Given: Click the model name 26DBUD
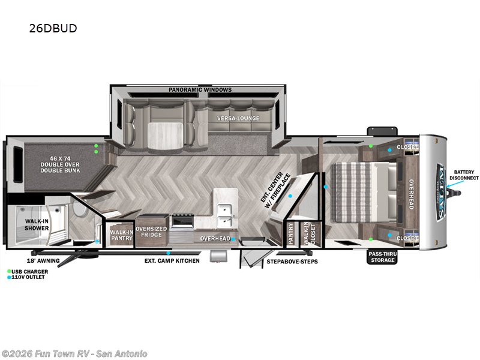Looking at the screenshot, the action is click(x=53, y=28).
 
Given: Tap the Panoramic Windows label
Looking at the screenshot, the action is click(x=200, y=89).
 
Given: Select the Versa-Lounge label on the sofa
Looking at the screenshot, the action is click(x=238, y=118).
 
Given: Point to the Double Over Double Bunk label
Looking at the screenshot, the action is click(x=60, y=164).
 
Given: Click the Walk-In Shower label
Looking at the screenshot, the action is click(x=37, y=224).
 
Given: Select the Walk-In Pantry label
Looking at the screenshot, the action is click(x=122, y=235).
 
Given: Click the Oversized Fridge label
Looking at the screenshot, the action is click(x=151, y=232).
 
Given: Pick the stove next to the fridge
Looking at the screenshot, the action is click(x=182, y=221).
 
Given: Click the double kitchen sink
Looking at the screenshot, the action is click(x=226, y=215).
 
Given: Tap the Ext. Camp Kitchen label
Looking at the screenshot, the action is click(x=172, y=261).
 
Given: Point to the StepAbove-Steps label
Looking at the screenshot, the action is click(x=292, y=262).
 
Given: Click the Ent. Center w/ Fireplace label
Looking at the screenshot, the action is click(x=275, y=190).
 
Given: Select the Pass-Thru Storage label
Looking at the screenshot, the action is click(x=382, y=257).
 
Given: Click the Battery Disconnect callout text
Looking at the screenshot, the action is click(x=464, y=175).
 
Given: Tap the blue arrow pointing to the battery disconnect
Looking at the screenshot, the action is click(x=455, y=184).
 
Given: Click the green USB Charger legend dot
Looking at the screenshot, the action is click(x=9, y=272).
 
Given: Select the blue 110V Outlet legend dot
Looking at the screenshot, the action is click(x=9, y=277).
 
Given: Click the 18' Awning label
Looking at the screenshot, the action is click(x=43, y=261).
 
